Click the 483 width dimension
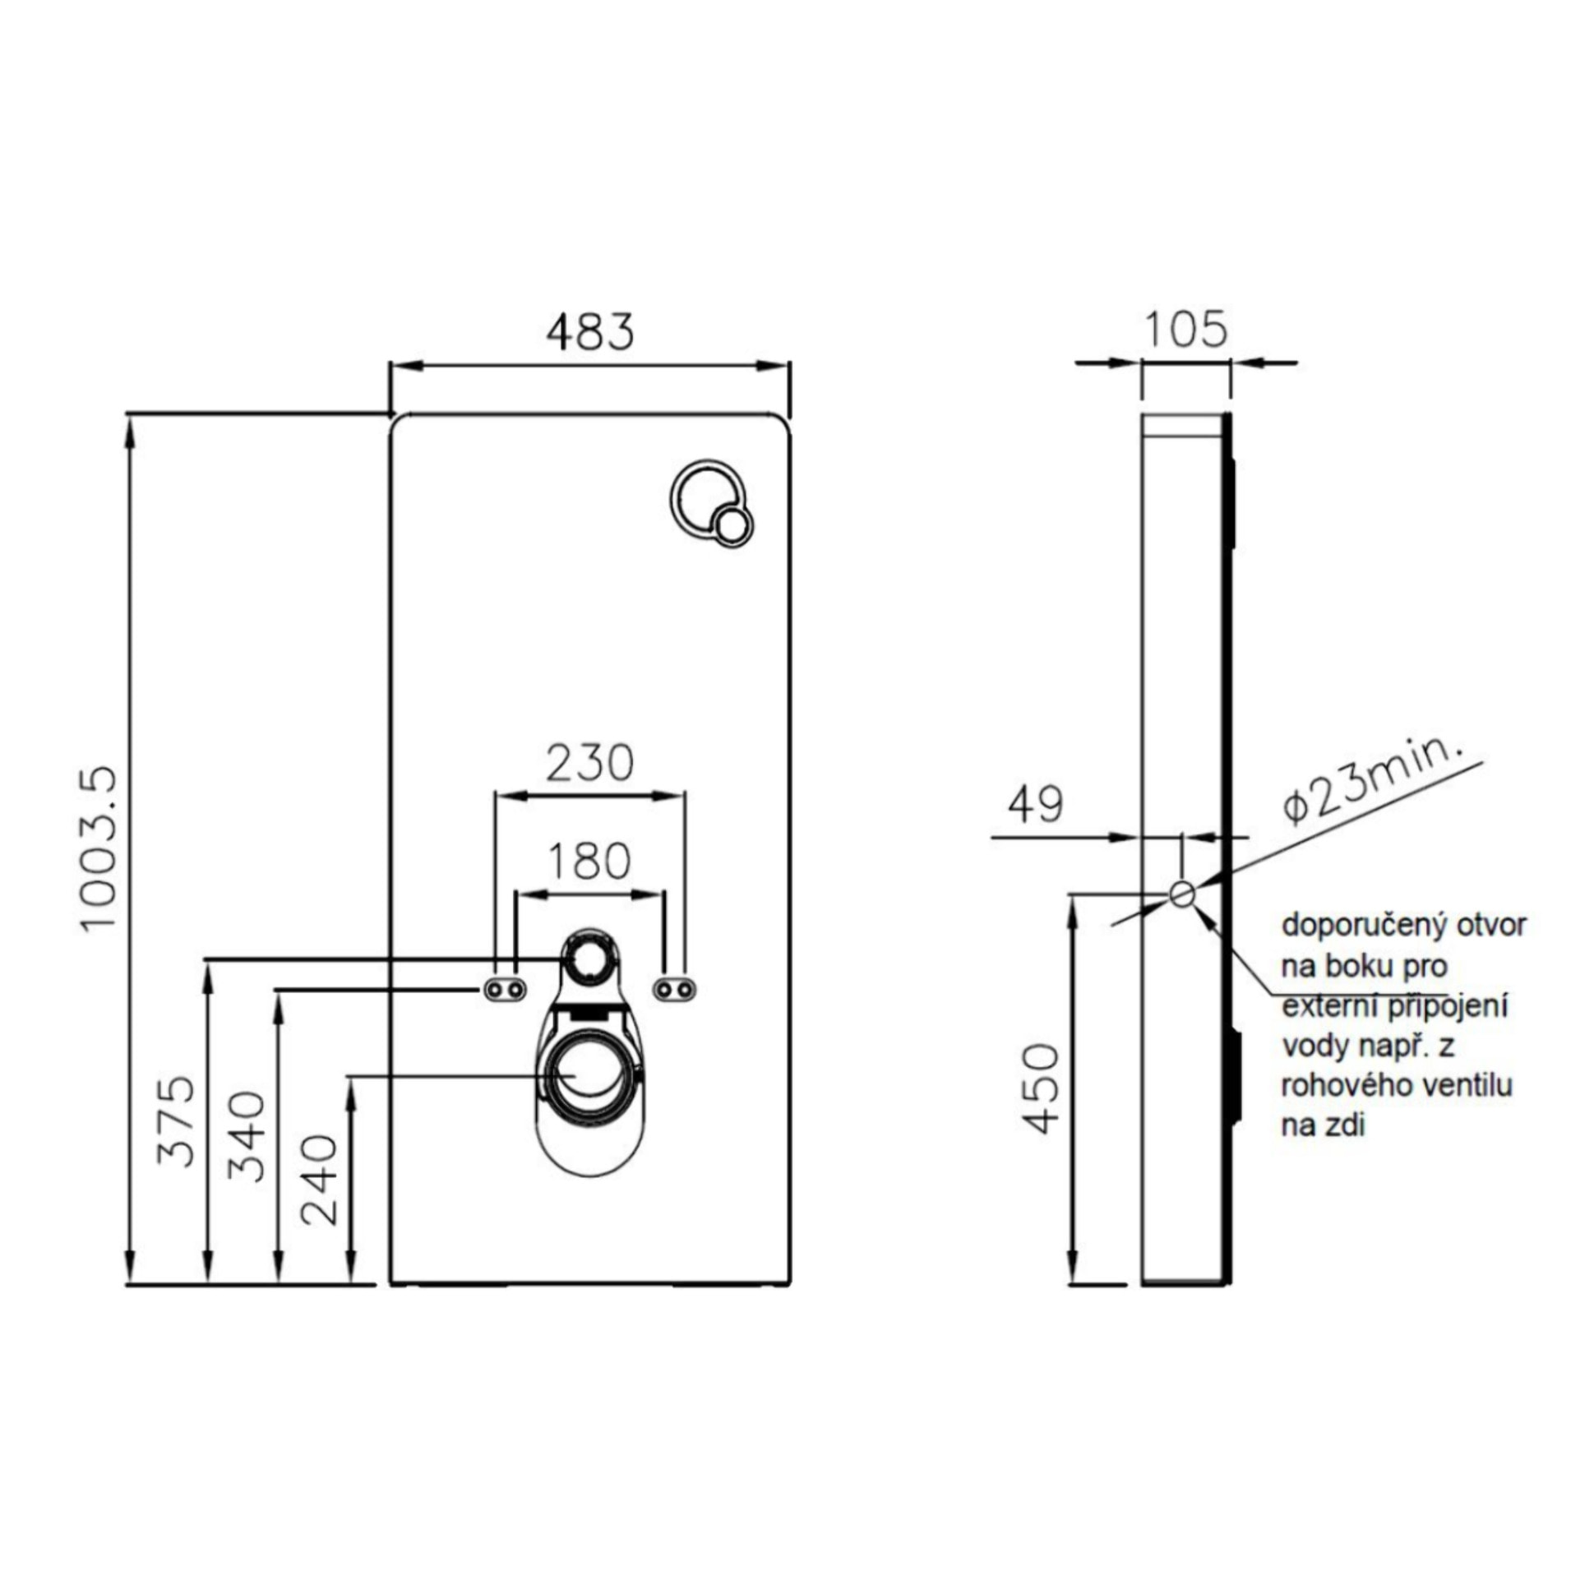pyautogui.click(x=590, y=331)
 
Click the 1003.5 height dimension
pyautogui.click(x=100, y=849)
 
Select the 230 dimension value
pyautogui.click(x=590, y=763)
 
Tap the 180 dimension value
pyautogui.click(x=589, y=862)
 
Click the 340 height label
pyautogui.click(x=247, y=1136)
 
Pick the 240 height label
pyautogui.click(x=319, y=1180)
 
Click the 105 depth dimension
pyautogui.click(x=1185, y=329)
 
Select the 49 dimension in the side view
pyautogui.click(x=1037, y=804)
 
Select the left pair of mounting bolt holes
pyautogui.click(x=505, y=989)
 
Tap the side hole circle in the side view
pyautogui.click(x=1182, y=894)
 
